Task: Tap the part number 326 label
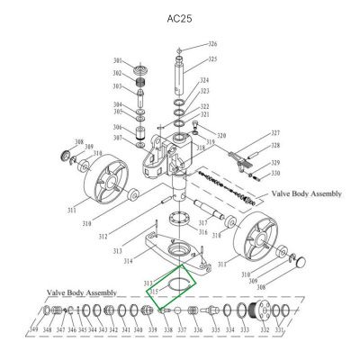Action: pyautogui.click(x=212, y=43)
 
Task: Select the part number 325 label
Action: pyautogui.click(x=212, y=59)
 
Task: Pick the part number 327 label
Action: pyautogui.click(x=275, y=132)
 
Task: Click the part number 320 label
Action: pyautogui.click(x=220, y=136)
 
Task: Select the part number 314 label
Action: pyautogui.click(x=129, y=260)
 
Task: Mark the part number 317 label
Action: pyautogui.click(x=203, y=222)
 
